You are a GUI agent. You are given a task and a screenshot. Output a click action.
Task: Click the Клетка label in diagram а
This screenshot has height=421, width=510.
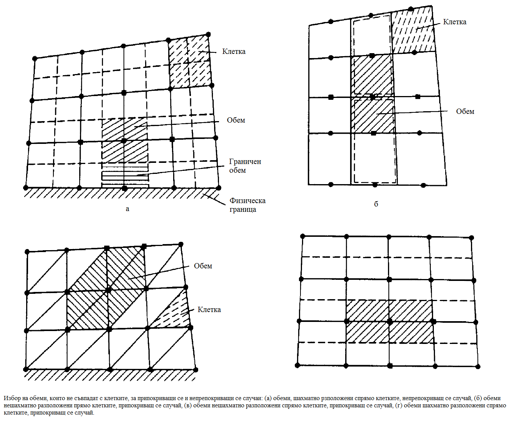point(233,52)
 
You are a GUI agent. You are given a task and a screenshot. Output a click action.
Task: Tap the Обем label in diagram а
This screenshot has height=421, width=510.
point(236,120)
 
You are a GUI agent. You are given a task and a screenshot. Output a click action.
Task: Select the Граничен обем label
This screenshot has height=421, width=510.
point(245,166)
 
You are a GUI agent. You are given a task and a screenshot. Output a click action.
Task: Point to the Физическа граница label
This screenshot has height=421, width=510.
point(247,205)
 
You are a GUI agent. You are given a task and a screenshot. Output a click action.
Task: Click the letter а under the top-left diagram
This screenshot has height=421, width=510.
point(127,209)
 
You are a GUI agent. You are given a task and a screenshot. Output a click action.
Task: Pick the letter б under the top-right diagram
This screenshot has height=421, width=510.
point(376,204)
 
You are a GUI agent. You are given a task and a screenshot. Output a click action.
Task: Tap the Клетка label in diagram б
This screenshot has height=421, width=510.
point(454,22)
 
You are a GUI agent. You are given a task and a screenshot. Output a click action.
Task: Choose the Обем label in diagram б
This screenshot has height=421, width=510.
point(465,112)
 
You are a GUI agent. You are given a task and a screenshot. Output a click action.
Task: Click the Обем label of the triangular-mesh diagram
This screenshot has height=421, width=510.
point(203,266)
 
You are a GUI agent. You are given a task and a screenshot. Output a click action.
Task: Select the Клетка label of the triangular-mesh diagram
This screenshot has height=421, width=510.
point(209,310)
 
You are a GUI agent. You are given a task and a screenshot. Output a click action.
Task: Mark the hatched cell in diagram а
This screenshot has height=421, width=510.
point(189,62)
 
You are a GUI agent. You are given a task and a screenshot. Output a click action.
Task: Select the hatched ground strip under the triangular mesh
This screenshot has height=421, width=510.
point(110,375)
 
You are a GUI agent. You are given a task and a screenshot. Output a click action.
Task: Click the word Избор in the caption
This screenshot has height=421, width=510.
point(11,398)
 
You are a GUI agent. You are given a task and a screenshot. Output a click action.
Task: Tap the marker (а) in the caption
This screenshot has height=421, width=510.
point(268,398)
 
